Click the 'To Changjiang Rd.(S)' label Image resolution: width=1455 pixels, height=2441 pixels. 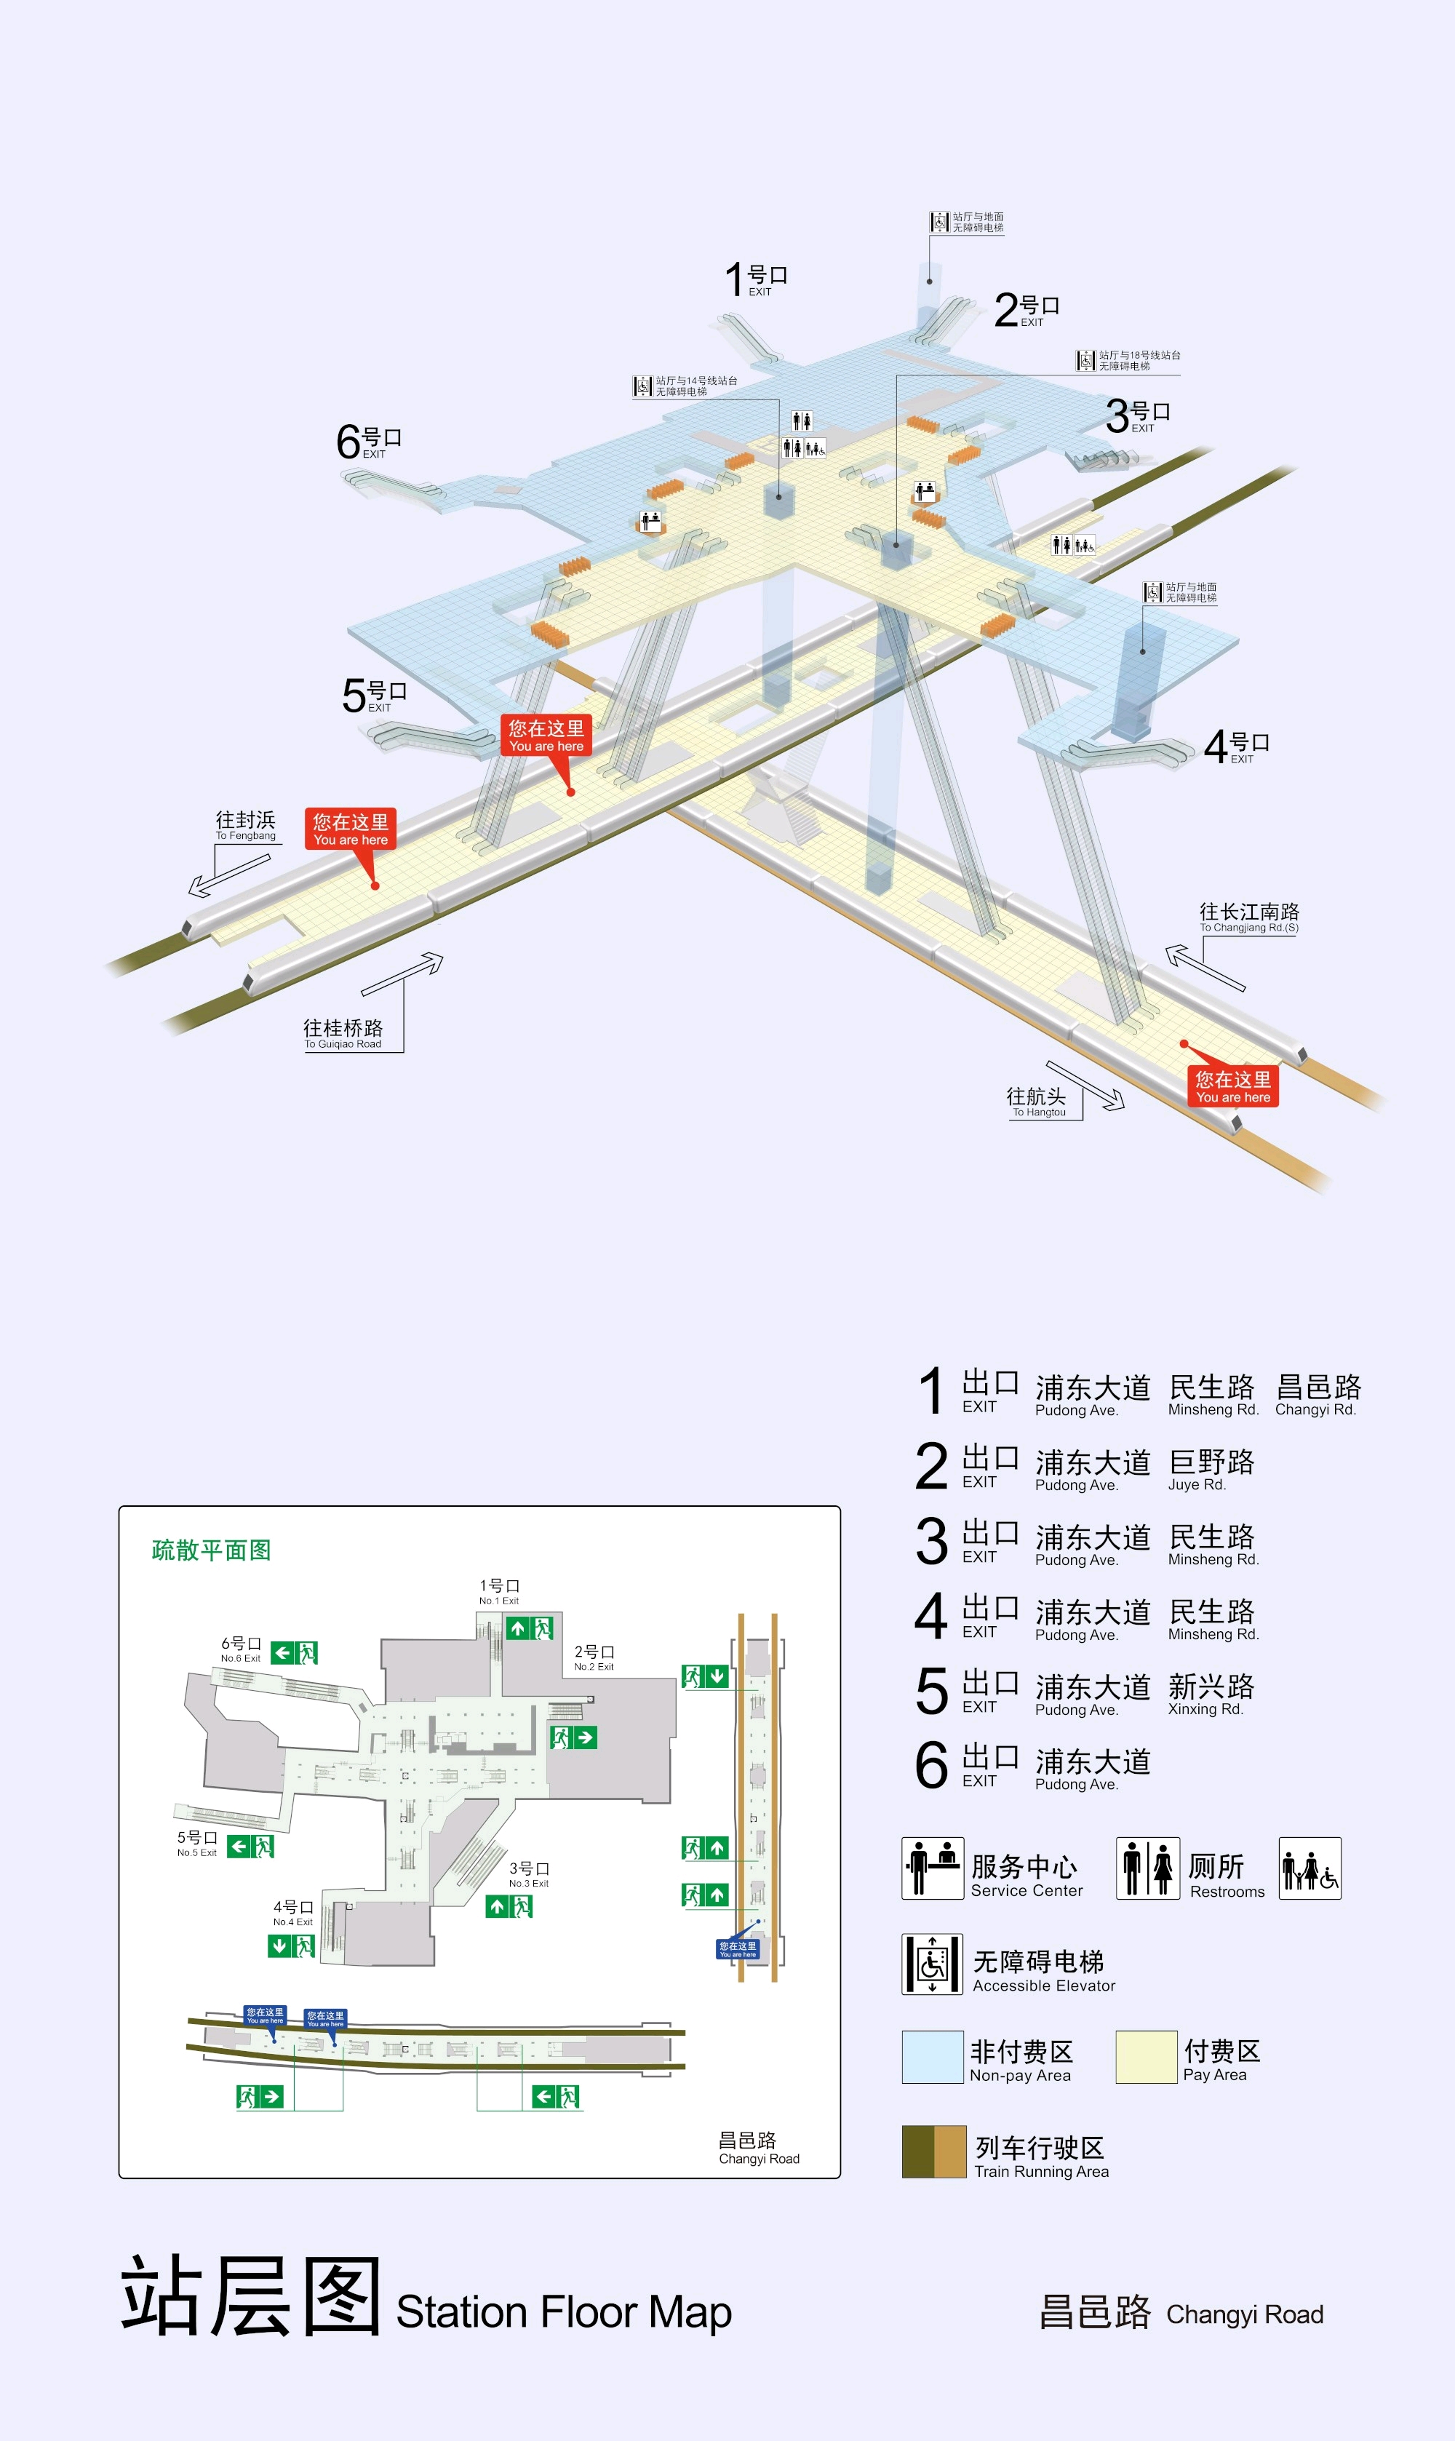coord(1248,917)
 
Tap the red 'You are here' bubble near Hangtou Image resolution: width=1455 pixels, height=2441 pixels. coord(1232,1086)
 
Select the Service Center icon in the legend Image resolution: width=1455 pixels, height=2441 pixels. coord(933,1868)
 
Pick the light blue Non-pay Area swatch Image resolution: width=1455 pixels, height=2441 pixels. coord(933,2057)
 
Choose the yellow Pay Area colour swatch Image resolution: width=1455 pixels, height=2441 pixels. coord(1145,2057)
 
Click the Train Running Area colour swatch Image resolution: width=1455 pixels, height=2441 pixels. coord(933,2152)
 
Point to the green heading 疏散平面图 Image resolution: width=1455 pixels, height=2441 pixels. coord(211,1550)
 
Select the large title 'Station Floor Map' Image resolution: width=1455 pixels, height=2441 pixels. coord(563,2311)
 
